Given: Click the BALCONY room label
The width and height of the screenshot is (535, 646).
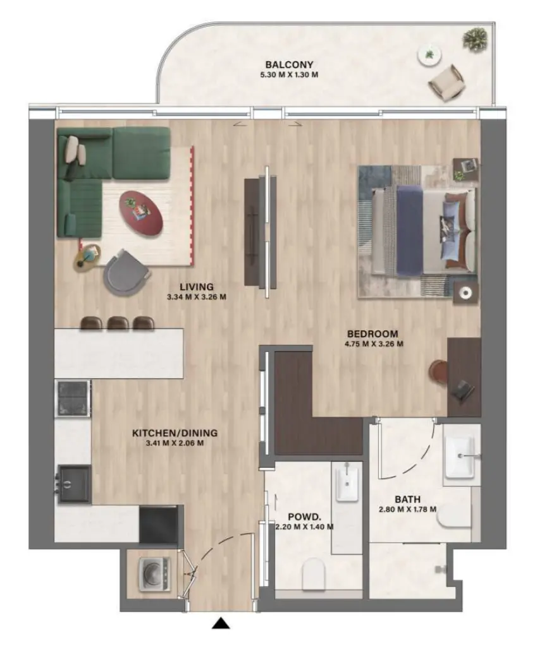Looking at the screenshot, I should point(289,64).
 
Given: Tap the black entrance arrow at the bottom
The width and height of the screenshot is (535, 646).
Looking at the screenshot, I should point(221,624).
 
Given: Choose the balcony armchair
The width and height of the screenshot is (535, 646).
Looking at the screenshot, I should point(447,81).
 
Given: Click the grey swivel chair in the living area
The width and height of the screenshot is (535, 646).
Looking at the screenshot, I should point(127,272).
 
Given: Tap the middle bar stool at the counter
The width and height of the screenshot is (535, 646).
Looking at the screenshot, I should point(118,323).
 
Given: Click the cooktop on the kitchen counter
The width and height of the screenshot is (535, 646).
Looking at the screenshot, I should point(73,398).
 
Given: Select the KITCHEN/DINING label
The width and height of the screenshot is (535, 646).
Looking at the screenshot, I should point(175,433).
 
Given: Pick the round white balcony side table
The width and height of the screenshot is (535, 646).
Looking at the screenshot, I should point(429,56).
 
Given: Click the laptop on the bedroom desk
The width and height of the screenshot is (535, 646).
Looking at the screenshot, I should point(464,388).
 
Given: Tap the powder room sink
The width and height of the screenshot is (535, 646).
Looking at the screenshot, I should point(347,483).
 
